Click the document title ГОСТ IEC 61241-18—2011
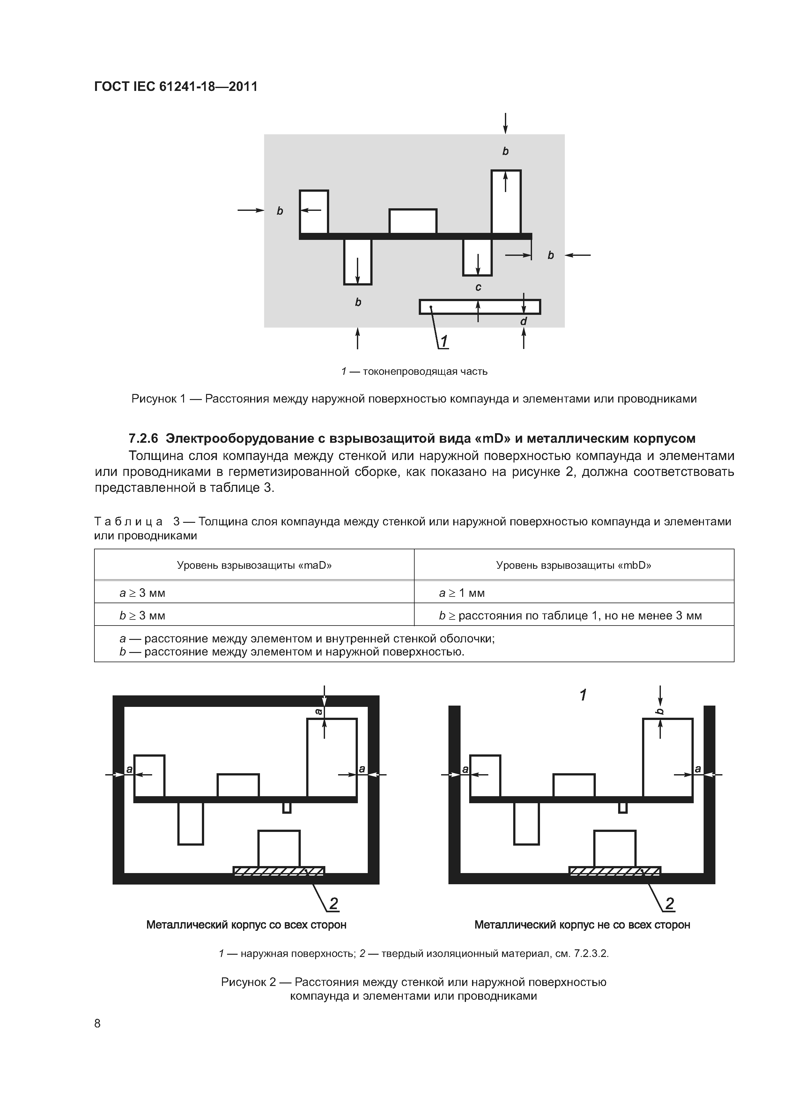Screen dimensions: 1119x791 [175, 87]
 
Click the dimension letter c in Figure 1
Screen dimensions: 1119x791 [478, 287]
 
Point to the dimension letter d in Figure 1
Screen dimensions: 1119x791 [523, 322]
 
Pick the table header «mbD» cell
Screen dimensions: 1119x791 [573, 565]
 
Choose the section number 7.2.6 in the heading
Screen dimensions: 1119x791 [143, 439]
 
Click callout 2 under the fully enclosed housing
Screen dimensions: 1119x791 [333, 904]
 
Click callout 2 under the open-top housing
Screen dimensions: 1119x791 [670, 904]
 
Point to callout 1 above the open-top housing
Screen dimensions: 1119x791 [583, 695]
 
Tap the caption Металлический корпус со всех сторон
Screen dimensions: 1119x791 [246, 924]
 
